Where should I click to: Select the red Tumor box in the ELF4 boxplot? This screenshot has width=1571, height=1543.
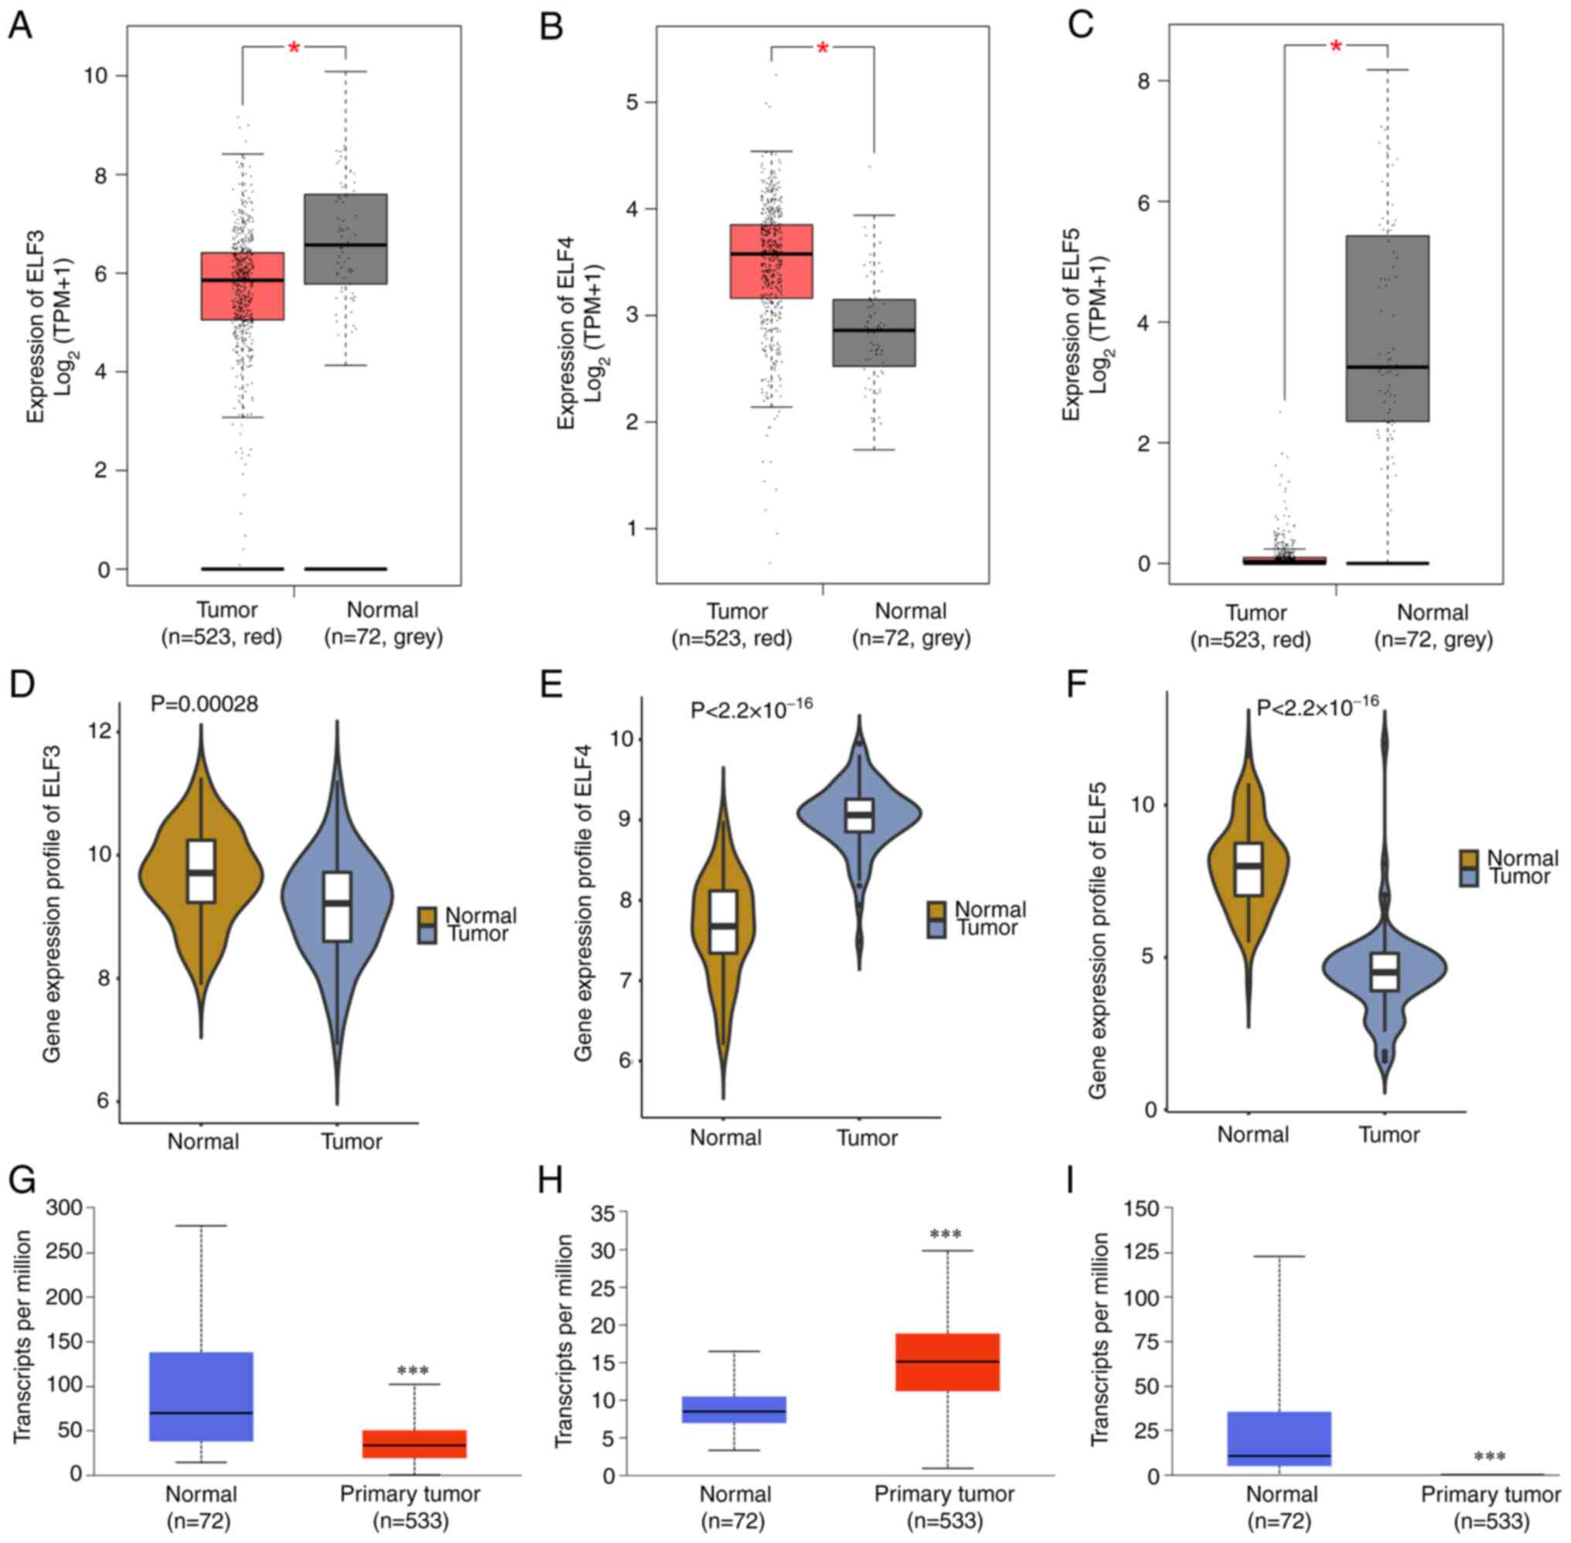pos(771,261)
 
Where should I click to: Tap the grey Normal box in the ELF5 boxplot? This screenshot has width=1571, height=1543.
pos(1387,328)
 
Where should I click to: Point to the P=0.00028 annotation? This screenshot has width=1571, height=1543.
pos(204,705)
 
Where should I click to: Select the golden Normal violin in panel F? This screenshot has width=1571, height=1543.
pos(1248,867)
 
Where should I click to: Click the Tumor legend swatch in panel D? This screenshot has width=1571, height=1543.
pos(427,934)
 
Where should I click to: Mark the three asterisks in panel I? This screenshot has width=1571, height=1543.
pos(1489,1457)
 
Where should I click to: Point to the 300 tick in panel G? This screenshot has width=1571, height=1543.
pos(66,1207)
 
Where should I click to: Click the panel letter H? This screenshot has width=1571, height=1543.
pos(550,1183)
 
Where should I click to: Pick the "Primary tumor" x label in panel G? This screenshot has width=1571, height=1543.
pos(410,1494)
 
